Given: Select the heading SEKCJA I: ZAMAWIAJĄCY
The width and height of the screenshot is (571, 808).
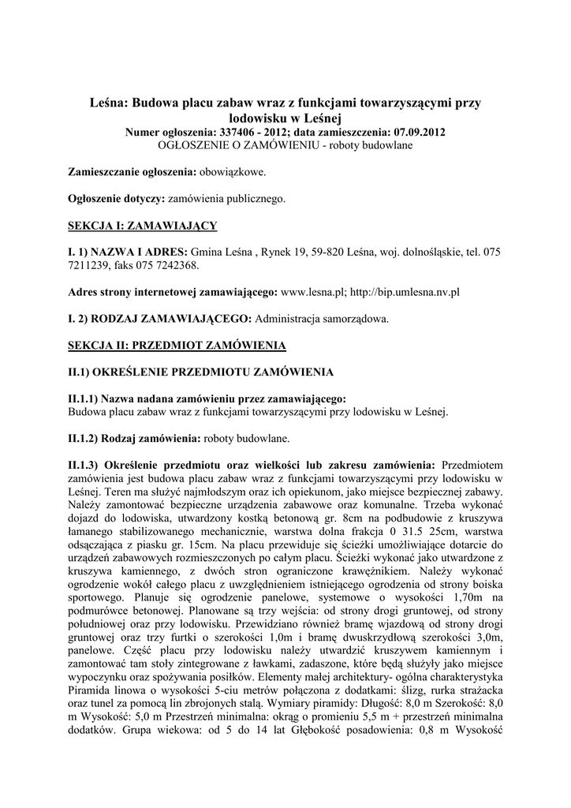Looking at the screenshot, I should click(x=143, y=226).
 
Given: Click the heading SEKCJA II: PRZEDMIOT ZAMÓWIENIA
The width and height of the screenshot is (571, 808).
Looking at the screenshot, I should click(x=177, y=345).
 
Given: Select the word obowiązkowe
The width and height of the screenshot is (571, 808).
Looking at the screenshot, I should click(x=233, y=171).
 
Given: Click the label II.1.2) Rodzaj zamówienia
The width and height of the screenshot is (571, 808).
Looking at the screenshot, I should click(x=135, y=437).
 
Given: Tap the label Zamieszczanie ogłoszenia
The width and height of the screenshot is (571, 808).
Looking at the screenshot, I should click(x=132, y=171).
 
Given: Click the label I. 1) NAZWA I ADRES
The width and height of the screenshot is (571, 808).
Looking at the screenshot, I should click(x=128, y=252).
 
